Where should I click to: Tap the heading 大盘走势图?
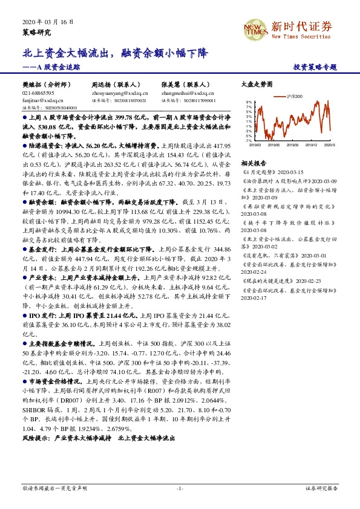(x=253, y=85)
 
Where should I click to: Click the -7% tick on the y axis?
(x=248, y=141)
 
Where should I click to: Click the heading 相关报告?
(x=253, y=163)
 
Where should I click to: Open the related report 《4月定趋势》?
(x=258, y=172)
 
